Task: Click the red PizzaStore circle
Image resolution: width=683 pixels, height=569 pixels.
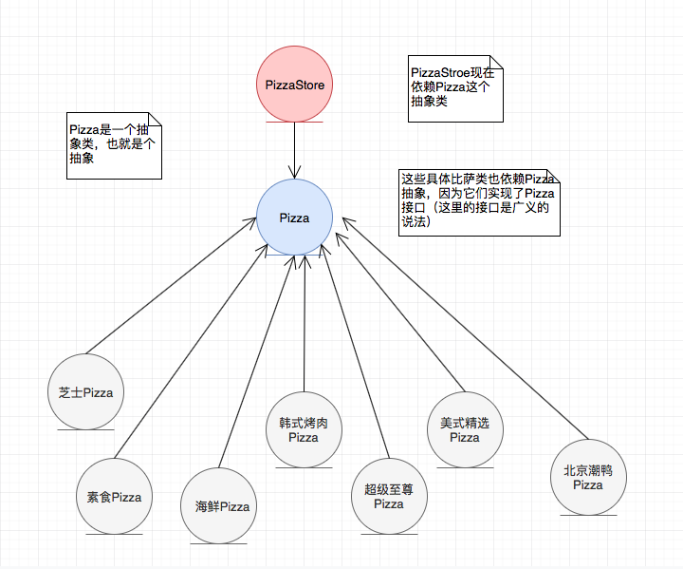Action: click(x=294, y=85)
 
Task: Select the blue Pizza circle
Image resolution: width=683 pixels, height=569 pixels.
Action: click(x=295, y=218)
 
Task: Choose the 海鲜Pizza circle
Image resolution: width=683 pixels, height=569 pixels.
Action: click(x=215, y=506)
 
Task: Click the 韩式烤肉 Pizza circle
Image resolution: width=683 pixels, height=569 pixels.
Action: click(x=304, y=429)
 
